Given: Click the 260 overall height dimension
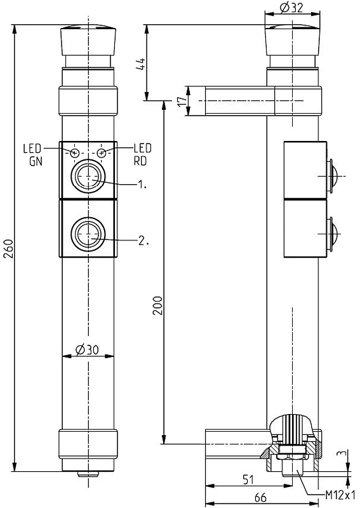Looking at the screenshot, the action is [9, 248].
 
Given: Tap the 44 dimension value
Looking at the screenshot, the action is [141, 64].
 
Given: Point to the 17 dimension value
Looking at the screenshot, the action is [183, 100].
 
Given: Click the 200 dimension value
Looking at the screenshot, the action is [158, 305].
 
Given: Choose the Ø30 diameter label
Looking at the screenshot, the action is [87, 349].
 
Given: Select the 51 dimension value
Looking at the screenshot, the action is [248, 479].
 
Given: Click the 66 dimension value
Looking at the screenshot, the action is [260, 497].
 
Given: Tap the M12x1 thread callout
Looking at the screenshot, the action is [340, 495].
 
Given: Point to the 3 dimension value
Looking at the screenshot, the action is [340, 453].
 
